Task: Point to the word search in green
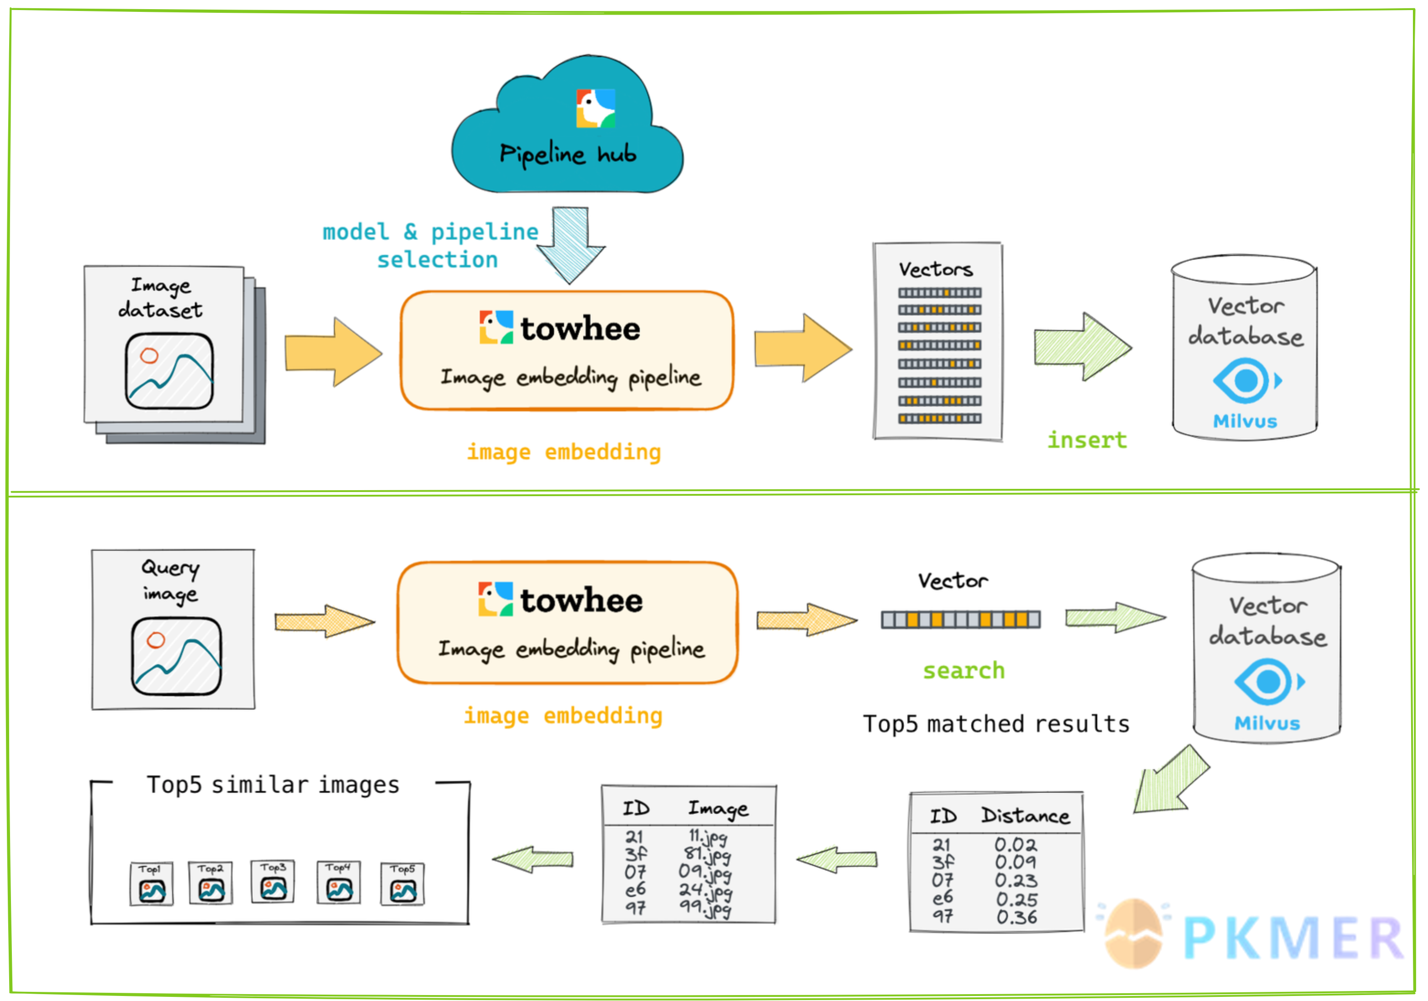(x=964, y=671)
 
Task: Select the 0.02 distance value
(x=1016, y=845)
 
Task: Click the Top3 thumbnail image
(x=273, y=882)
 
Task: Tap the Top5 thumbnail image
(x=403, y=884)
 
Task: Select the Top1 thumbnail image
(x=152, y=884)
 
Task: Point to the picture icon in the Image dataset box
(x=169, y=371)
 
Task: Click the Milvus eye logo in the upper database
(x=1246, y=380)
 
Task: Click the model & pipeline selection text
(x=430, y=245)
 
